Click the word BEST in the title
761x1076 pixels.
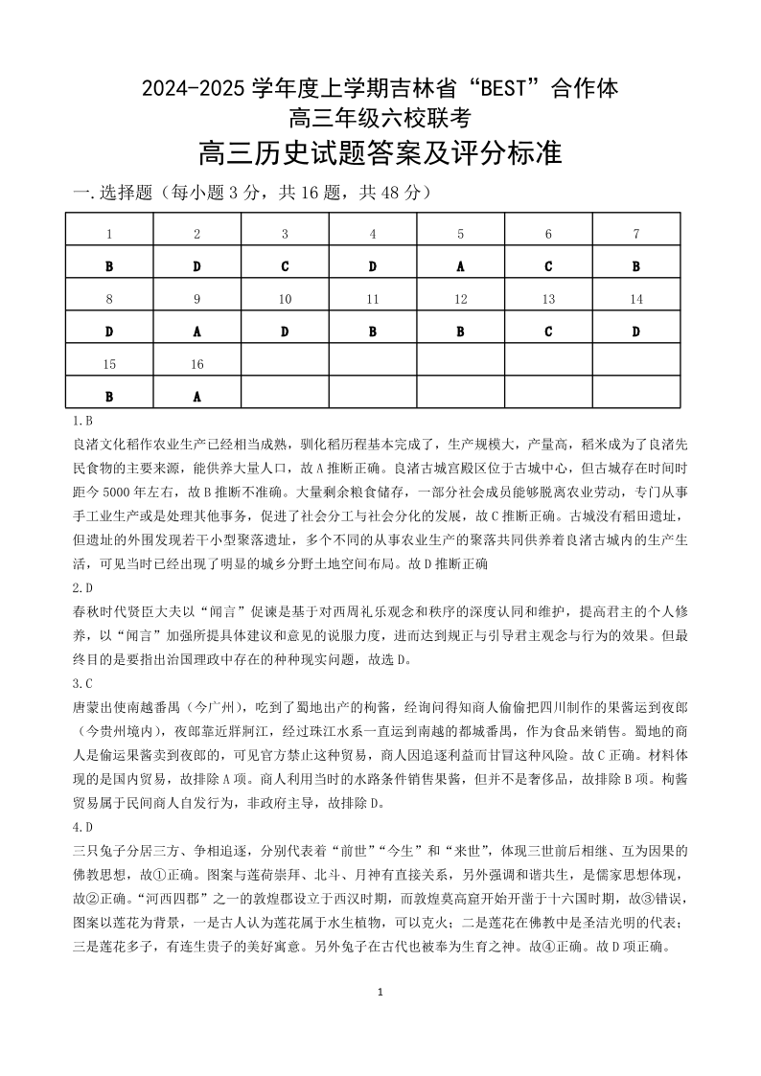[504, 90]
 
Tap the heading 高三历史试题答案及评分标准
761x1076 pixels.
[380, 153]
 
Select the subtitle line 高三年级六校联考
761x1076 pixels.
[380, 119]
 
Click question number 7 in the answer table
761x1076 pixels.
[635, 234]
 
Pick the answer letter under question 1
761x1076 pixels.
[109, 266]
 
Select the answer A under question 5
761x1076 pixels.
[460, 266]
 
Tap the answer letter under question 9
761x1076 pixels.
[196, 332]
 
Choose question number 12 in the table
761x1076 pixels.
[460, 299]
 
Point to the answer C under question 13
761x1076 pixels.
[548, 332]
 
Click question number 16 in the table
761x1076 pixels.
[196, 364]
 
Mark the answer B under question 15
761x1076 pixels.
[109, 396]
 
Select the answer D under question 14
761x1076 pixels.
[635, 332]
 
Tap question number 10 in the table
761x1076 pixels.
[285, 299]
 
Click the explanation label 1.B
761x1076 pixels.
[82, 420]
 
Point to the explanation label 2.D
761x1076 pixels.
[82, 587]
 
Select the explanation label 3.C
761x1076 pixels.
[82, 683]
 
